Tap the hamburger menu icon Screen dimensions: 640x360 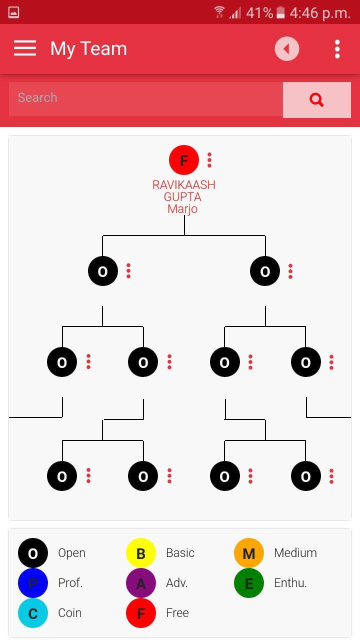tap(25, 48)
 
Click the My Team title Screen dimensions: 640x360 tap(88, 49)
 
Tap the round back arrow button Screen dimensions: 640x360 tap(286, 49)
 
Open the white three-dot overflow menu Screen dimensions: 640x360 tap(337, 49)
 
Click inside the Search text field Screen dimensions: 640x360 tap(145, 98)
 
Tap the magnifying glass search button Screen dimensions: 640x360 tap(316, 100)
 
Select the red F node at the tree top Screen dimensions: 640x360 tap(183, 160)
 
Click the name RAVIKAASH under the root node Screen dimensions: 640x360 tap(183, 185)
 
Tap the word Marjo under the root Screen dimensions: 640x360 tap(182, 209)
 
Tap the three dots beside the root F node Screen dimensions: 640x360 tap(209, 160)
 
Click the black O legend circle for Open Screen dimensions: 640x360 tap(33, 553)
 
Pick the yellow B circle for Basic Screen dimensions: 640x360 tap(141, 553)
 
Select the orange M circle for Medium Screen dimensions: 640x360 tap(249, 553)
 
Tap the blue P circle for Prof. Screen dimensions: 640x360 tap(33, 583)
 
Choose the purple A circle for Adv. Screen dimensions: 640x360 tap(141, 583)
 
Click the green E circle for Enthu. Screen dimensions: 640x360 tap(249, 583)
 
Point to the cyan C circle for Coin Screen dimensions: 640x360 tap(33, 613)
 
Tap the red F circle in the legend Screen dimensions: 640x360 tap(141, 613)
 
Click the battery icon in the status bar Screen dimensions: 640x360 tap(280, 12)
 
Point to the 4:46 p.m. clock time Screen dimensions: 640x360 tap(320, 12)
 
